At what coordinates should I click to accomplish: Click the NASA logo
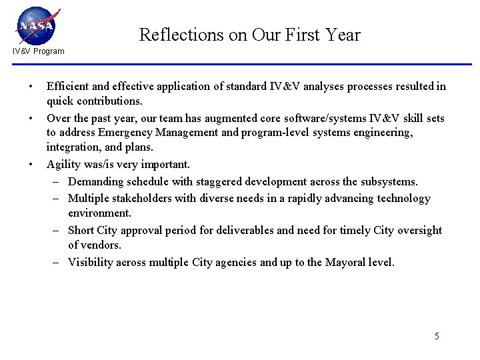point(37,26)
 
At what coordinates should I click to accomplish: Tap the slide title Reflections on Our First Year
point(249,35)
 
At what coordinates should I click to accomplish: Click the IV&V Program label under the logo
point(39,51)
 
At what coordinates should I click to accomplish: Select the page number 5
point(437,336)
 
